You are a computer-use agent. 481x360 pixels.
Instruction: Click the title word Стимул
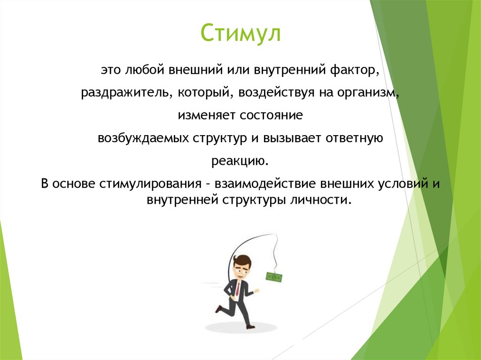240,34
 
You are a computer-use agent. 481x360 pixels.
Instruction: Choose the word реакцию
240,162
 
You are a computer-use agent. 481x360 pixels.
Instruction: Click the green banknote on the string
274,277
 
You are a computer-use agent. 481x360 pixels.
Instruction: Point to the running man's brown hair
243,260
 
